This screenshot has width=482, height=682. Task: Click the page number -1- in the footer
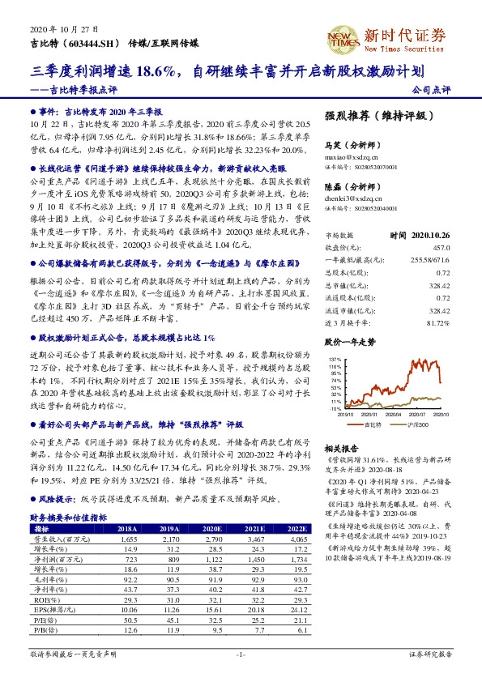(241, 654)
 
